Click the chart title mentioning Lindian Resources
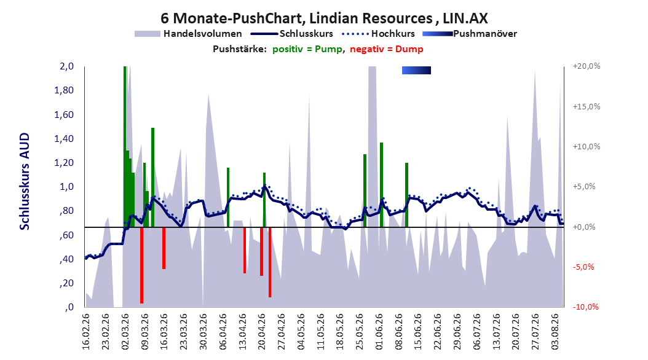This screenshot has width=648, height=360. [x=324, y=18]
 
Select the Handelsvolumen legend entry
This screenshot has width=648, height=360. [x=188, y=34]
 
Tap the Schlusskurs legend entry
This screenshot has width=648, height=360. [x=292, y=34]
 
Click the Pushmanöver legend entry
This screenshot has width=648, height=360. [x=470, y=34]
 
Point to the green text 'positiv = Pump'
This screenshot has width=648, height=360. [x=307, y=49]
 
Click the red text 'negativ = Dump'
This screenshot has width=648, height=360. [x=387, y=49]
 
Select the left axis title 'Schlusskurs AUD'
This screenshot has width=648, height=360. [x=25, y=181]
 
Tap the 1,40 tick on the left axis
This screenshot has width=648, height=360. [x=64, y=139]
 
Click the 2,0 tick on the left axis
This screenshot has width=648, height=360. [x=66, y=66]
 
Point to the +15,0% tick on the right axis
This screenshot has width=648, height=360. [x=587, y=106]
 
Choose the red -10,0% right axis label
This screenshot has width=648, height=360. [x=585, y=307]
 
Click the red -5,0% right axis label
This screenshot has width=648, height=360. [x=583, y=267]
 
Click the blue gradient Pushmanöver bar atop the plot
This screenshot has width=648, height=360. [x=417, y=71]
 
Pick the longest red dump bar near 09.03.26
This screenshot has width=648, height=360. [x=142, y=265]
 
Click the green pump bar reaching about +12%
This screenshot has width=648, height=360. [x=152, y=177]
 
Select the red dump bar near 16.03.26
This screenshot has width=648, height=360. [x=164, y=248]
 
